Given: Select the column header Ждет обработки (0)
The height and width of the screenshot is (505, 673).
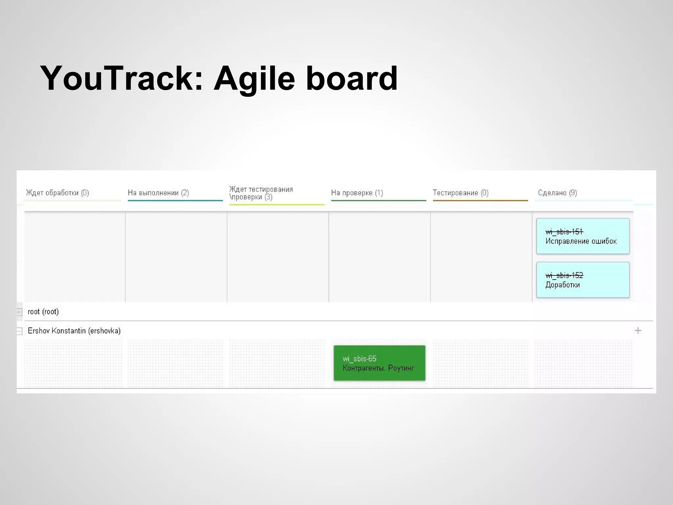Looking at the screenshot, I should (x=58, y=193).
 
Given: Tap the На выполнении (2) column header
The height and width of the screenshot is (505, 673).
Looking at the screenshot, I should (x=158, y=193).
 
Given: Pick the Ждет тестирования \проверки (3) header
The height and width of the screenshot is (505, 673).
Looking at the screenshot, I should (x=261, y=193).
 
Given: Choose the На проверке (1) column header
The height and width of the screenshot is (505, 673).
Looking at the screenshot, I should (x=357, y=193).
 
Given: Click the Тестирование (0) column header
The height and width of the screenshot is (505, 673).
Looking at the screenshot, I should (x=460, y=193).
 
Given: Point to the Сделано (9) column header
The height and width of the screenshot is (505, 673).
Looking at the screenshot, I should (x=557, y=193).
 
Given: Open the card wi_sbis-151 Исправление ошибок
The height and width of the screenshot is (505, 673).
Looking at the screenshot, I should (x=583, y=236).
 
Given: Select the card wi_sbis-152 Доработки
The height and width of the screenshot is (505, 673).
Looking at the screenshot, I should (x=583, y=280).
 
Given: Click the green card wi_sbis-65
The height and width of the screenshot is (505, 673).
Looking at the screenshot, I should (x=379, y=363).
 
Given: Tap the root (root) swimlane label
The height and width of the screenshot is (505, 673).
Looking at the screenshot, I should (x=43, y=312).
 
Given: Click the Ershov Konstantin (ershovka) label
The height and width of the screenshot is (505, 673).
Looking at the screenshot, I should (x=74, y=331).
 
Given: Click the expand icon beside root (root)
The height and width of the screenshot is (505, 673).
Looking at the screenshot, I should (x=19, y=312).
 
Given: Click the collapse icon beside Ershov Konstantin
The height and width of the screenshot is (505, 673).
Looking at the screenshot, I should (x=19, y=331).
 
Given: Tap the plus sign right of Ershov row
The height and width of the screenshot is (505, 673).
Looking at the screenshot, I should (x=638, y=330).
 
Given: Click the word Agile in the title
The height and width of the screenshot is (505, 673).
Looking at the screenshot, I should (x=254, y=78).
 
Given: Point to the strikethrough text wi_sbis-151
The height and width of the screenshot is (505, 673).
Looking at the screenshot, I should (x=564, y=232).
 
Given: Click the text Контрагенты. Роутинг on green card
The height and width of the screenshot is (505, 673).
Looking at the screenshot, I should (x=378, y=368).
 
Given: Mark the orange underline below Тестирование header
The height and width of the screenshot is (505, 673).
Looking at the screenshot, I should (x=480, y=200).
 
